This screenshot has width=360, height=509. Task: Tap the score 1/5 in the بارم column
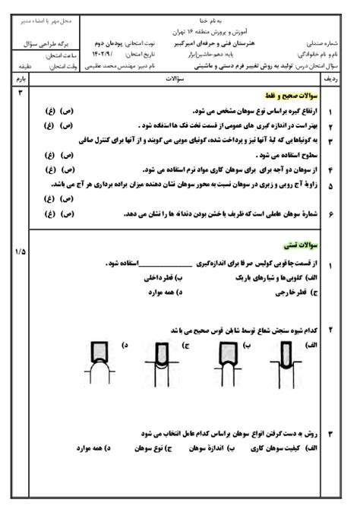click(x=20, y=251)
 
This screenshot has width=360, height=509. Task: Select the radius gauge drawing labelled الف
click(x=283, y=362)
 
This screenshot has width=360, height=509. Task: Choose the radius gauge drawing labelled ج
click(x=165, y=362)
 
